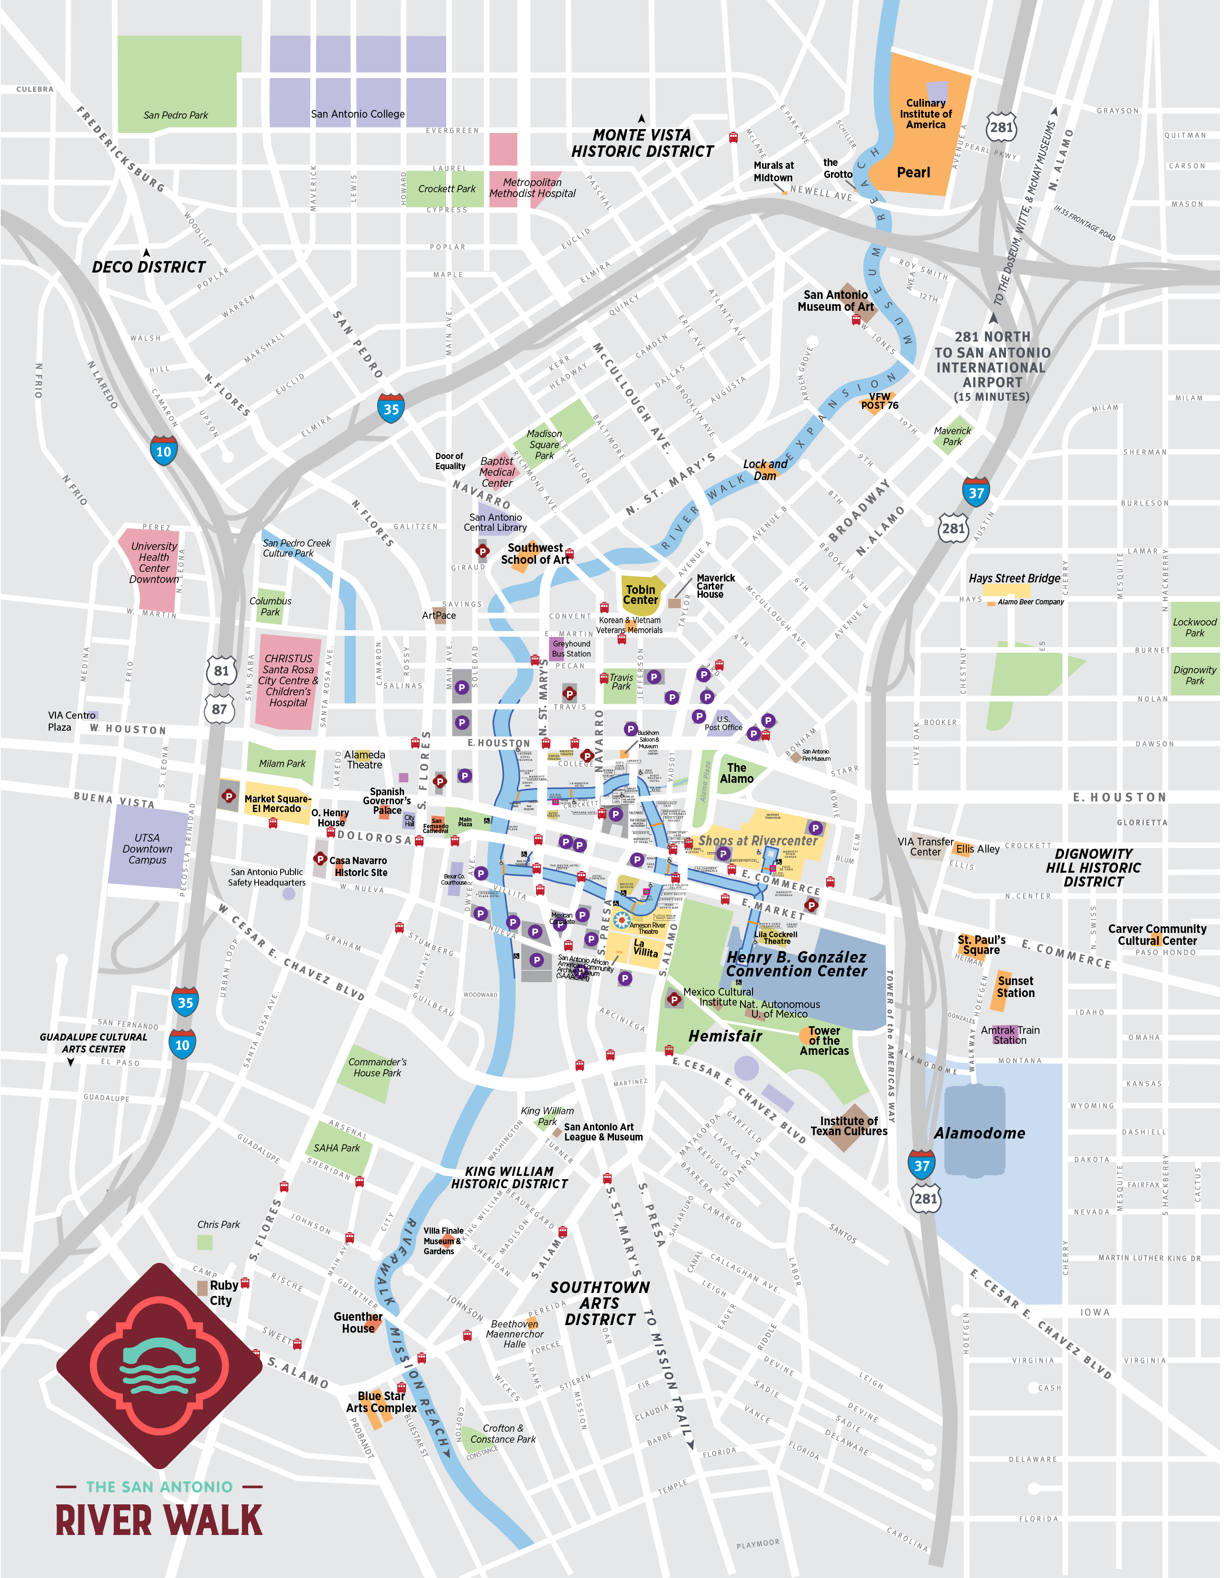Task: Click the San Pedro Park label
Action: [x=175, y=115]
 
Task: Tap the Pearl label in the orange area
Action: [x=913, y=173]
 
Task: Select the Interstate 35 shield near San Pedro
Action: [x=391, y=408]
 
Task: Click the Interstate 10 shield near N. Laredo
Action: [x=164, y=451]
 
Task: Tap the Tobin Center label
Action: [x=640, y=595]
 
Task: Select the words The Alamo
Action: [x=736, y=773]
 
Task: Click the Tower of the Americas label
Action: [x=824, y=1041]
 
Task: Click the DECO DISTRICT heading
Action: [x=149, y=267]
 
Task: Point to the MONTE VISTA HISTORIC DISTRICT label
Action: [x=642, y=143]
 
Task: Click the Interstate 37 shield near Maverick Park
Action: [x=975, y=493]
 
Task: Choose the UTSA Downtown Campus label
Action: [x=147, y=849]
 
